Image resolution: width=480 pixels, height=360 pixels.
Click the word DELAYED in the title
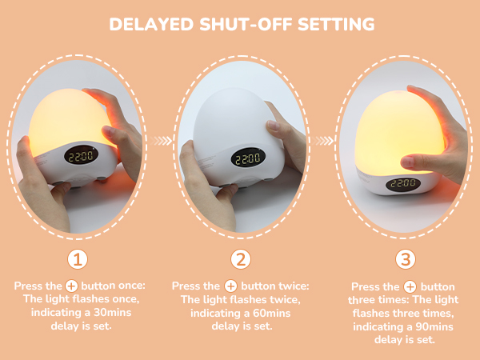(x=152, y=24)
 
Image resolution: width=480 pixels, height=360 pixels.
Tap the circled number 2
(x=240, y=259)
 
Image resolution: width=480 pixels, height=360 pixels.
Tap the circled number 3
(x=406, y=259)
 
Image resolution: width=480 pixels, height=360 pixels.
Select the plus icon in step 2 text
(x=230, y=286)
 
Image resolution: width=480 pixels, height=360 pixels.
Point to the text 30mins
(x=114, y=313)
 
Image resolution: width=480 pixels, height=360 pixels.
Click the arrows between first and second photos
(x=162, y=140)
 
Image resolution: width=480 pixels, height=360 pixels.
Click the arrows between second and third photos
(x=325, y=140)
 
